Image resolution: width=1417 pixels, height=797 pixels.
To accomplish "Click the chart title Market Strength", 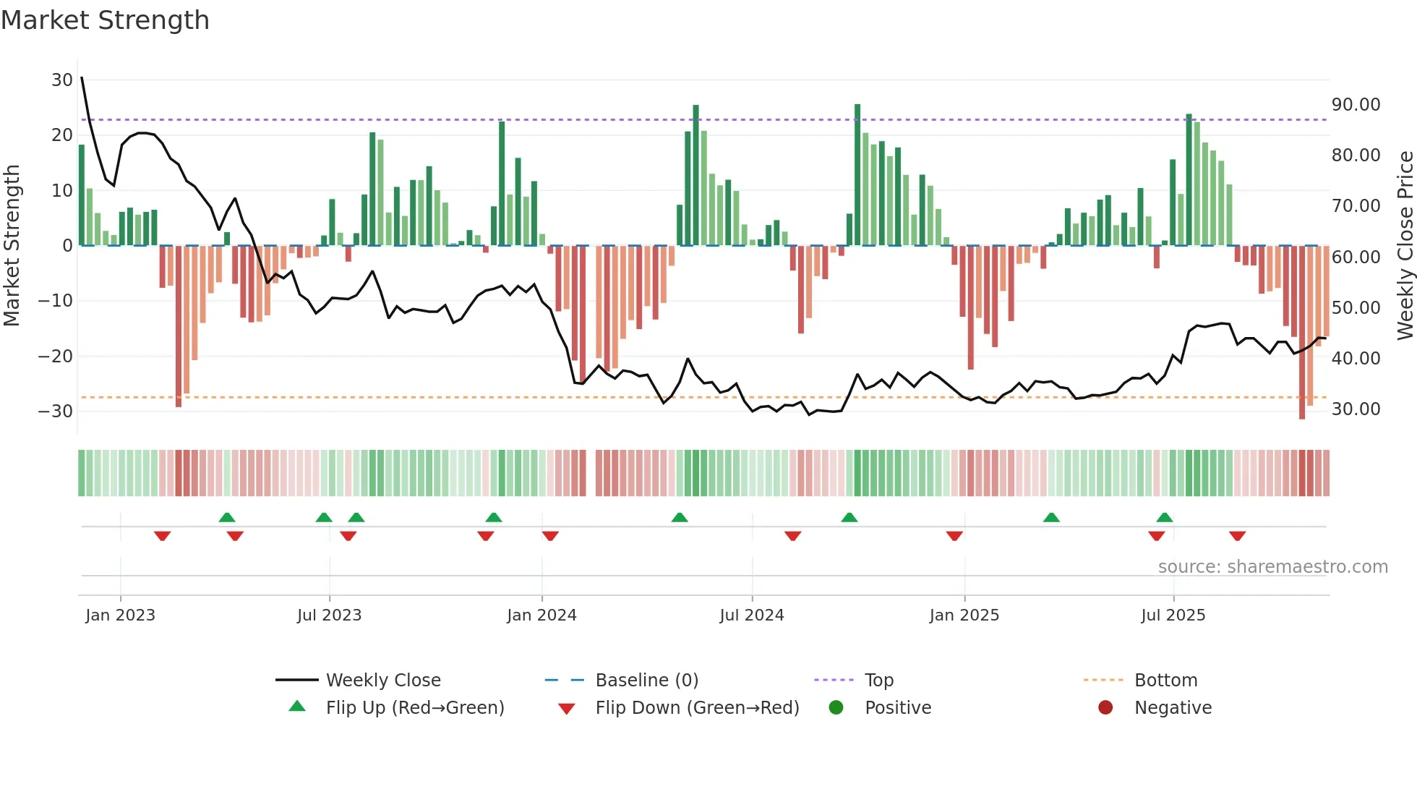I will tap(105, 20).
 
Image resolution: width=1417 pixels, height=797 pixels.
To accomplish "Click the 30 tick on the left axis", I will tap(61, 80).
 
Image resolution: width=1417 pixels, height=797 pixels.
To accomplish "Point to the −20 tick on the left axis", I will tap(56, 356).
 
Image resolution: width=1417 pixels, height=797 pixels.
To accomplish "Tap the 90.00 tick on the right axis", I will tap(1356, 105).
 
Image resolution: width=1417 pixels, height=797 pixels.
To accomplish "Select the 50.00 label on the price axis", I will tap(1356, 308).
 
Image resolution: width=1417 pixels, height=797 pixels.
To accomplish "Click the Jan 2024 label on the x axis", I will tap(541, 615).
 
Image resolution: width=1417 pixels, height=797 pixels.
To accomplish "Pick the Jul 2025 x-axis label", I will tap(1173, 615).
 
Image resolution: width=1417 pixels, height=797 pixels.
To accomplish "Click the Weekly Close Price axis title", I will tap(1405, 246).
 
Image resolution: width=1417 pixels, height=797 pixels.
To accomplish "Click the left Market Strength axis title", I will tap(12, 246).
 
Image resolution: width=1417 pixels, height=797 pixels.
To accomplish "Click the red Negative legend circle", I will tap(1105, 708).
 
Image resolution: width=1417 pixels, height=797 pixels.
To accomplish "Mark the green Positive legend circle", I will tap(836, 708).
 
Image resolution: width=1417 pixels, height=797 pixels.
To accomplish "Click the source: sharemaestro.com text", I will tap(1272, 567).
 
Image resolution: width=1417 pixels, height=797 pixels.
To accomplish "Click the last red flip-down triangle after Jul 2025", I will tap(1237, 536).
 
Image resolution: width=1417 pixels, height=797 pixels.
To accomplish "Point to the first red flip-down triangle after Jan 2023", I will tap(162, 536).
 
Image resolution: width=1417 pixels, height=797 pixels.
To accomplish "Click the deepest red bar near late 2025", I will tap(1302, 333).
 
